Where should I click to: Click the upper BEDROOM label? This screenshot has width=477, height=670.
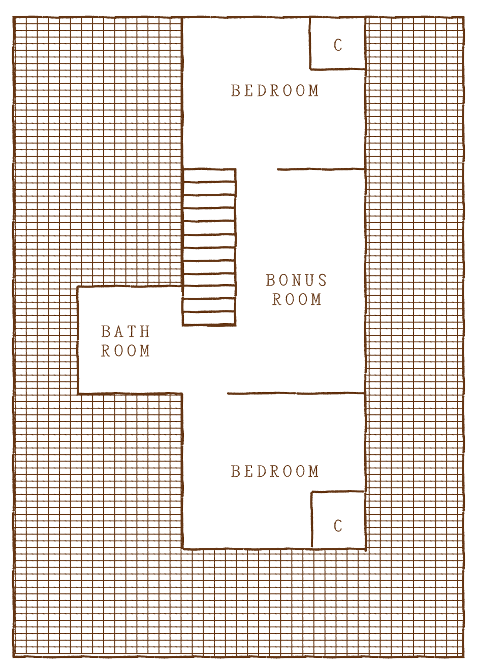click(275, 91)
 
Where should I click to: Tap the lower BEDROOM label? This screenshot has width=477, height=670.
click(275, 472)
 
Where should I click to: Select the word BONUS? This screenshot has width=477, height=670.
click(296, 280)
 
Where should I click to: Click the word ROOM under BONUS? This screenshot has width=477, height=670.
click(297, 300)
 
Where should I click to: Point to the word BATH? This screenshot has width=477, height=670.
click(125, 332)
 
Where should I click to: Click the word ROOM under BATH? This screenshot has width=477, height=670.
click(125, 351)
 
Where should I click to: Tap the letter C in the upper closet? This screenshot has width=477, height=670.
click(338, 46)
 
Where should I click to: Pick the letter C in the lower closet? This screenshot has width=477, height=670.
click(338, 526)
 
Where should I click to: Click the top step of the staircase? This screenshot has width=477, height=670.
click(209, 175)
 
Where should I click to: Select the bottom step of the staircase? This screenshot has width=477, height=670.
click(209, 319)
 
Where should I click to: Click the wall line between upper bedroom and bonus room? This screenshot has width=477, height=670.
click(321, 169)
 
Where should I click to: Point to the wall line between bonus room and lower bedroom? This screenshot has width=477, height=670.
click(296, 393)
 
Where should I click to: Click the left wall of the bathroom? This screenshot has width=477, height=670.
click(78, 340)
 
